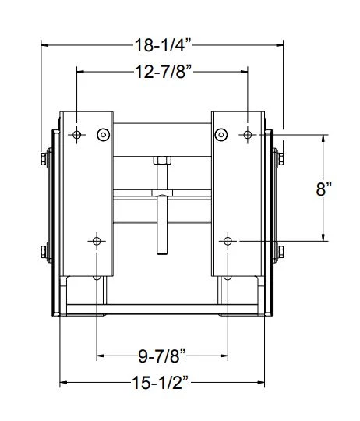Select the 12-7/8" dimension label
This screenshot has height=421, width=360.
[x=161, y=72]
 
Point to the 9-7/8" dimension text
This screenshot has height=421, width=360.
[x=162, y=357]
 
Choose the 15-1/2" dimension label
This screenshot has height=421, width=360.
[x=162, y=383]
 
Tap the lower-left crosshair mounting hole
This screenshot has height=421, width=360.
[x=97, y=240]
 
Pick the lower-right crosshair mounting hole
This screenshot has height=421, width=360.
[x=228, y=240]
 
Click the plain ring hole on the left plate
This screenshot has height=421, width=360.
[x=102, y=136]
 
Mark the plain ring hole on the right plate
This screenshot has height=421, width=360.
[x=222, y=136]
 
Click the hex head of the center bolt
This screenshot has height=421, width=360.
[x=162, y=161]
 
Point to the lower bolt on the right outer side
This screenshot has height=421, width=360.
[x=279, y=252]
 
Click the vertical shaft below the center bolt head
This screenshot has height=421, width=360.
[x=162, y=226]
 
